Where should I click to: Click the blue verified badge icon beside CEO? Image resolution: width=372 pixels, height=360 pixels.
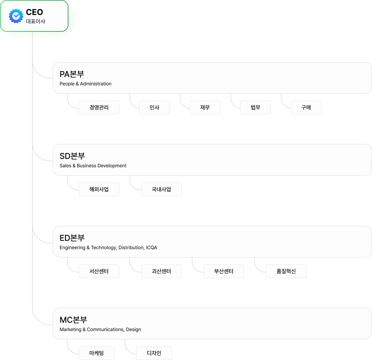tap(16, 16)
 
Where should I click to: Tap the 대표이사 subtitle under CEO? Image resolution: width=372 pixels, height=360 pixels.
tap(36, 22)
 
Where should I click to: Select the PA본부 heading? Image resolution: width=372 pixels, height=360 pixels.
tap(72, 74)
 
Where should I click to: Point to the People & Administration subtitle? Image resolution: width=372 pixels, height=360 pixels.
tap(85, 84)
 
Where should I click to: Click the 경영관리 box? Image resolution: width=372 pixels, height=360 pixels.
tap(99, 108)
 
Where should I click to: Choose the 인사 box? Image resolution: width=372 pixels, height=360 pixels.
tap(154, 108)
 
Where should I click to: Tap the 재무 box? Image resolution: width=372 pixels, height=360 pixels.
tap(205, 108)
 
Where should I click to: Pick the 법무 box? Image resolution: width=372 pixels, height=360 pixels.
tap(256, 108)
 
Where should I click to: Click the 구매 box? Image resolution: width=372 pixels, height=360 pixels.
tap(306, 108)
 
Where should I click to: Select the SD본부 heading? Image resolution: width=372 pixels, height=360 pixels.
tap(72, 156)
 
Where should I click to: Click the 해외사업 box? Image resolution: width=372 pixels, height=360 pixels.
tap(99, 190)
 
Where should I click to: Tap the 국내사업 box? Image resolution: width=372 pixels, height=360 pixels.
tap(161, 190)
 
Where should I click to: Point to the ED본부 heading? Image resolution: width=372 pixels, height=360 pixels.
tap(72, 238)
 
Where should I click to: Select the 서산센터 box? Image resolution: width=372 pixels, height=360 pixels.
tap(99, 271)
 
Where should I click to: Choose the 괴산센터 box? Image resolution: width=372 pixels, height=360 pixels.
tap(161, 271)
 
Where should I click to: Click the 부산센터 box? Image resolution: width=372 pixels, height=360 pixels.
tap(224, 271)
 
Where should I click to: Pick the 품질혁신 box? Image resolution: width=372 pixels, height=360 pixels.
tap(286, 271)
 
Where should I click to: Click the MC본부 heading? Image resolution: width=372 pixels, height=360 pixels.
tap(73, 320)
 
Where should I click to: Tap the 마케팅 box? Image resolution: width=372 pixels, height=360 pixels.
tap(97, 353)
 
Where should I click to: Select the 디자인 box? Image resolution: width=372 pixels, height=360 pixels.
tap(154, 353)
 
